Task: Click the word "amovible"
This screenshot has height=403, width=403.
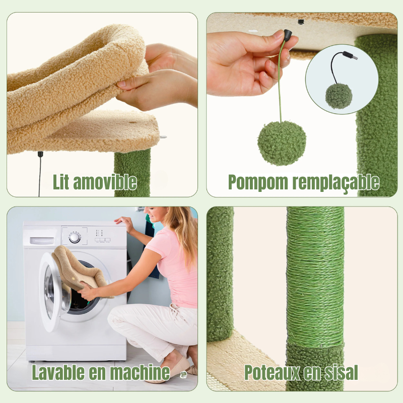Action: click(x=105, y=182)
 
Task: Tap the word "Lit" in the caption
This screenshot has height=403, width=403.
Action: click(x=61, y=182)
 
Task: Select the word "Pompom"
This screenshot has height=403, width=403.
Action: click(x=258, y=182)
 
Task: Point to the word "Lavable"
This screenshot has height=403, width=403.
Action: click(x=58, y=372)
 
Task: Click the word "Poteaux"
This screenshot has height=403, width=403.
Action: click(x=272, y=372)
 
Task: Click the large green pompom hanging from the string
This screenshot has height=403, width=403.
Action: click(x=282, y=143)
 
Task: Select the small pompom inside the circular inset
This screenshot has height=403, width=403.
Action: click(x=339, y=96)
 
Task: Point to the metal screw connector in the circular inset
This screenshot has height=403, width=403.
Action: click(x=350, y=55)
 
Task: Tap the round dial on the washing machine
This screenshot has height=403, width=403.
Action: click(x=75, y=237)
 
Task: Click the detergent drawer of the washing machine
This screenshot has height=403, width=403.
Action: click(x=42, y=241)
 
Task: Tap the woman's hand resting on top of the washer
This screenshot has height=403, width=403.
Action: click(x=124, y=222)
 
